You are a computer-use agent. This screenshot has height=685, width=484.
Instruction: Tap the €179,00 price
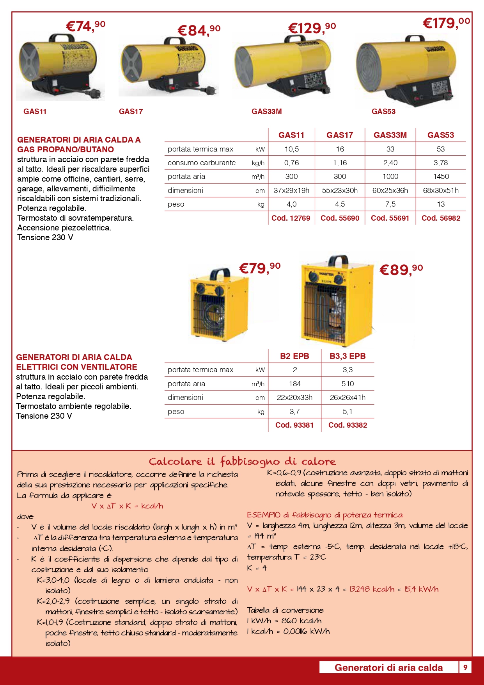point(446,23)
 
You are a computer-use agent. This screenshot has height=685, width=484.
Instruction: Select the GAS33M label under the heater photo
point(266,111)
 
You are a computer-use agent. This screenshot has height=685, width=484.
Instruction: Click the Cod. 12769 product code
point(291,218)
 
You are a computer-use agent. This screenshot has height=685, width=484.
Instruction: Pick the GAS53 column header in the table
point(441,135)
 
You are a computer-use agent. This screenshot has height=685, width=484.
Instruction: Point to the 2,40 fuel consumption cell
point(390,163)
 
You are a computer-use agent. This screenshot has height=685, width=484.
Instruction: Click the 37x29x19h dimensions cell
point(291,191)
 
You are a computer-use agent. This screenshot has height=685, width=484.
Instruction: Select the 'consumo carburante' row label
point(202,163)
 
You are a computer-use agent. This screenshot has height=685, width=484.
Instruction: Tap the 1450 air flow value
point(441,177)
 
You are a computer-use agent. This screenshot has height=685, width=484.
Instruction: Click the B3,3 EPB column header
point(347,356)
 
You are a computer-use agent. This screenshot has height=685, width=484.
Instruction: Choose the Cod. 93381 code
point(294,425)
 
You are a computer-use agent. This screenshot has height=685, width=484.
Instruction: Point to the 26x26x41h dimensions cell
point(347,398)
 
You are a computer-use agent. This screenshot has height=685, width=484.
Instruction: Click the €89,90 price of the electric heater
point(401,269)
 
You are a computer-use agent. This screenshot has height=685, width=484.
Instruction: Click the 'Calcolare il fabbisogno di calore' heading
point(242,462)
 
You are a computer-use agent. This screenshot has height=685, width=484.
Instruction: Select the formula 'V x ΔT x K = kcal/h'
point(127,506)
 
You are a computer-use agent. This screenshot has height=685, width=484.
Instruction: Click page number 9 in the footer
point(465,667)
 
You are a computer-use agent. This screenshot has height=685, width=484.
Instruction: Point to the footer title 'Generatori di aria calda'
point(388,667)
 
